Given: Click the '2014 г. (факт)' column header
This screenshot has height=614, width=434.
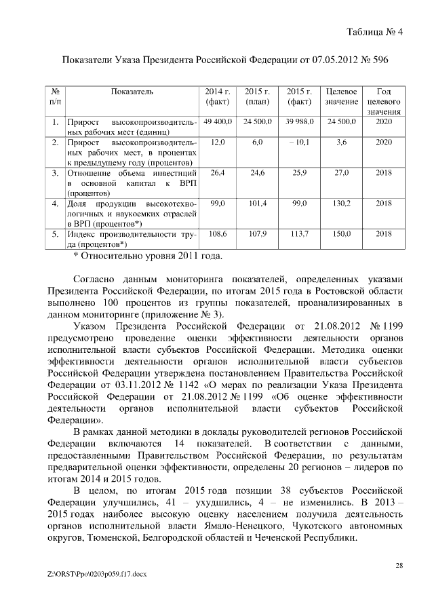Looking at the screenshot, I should (x=218, y=96).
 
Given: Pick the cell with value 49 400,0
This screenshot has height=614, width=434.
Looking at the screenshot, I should (x=218, y=121).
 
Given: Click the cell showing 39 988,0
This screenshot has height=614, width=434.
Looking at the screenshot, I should (x=299, y=121).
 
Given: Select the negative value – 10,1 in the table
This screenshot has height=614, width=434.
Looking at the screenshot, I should (x=299, y=142).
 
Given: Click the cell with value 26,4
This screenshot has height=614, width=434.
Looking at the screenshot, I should (x=218, y=174).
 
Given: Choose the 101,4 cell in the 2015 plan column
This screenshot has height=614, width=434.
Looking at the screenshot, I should (x=258, y=203).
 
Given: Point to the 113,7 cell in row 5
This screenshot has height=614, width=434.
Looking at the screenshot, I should (x=299, y=234).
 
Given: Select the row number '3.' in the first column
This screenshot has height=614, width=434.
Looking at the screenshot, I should (x=54, y=174).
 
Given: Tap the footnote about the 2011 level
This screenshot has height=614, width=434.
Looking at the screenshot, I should (x=147, y=256).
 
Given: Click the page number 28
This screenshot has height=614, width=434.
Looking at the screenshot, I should (x=399, y=564).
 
